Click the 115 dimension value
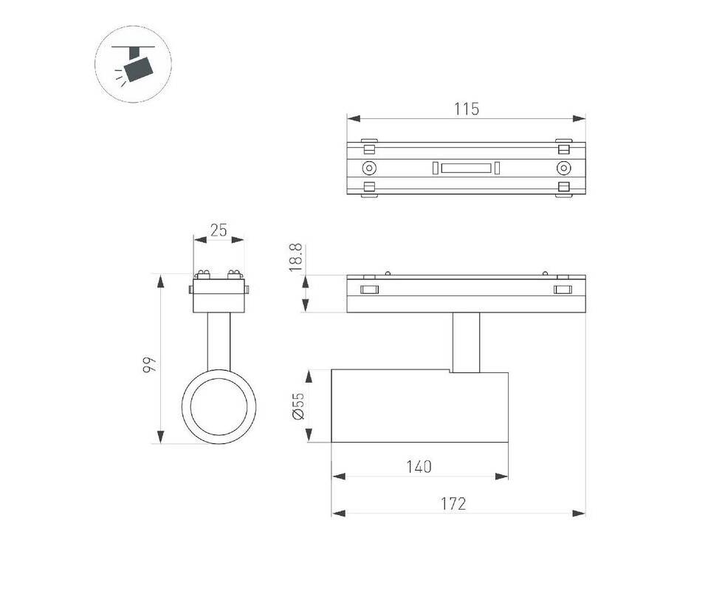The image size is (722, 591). (x=467, y=109)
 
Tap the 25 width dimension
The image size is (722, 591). (x=219, y=230)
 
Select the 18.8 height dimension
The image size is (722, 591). (x=295, y=257)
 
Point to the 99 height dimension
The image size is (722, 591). (x=149, y=364)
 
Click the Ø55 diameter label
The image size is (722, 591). (x=298, y=406)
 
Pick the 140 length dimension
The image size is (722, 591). (x=419, y=467)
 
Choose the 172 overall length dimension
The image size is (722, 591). (x=454, y=504)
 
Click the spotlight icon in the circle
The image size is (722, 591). (x=133, y=64)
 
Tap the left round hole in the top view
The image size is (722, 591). (x=369, y=168)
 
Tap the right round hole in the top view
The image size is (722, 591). (x=563, y=168)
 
